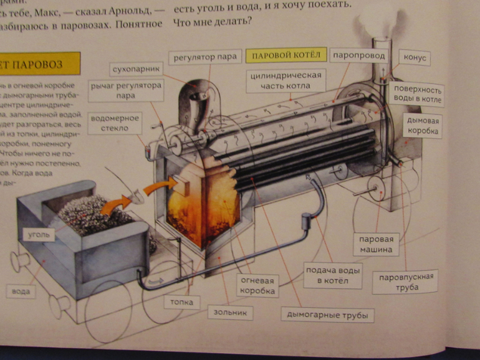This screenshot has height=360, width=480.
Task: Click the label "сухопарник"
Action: pos(133,68)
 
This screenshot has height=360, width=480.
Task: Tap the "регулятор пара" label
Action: pos(205,57)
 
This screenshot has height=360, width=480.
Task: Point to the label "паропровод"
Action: pos(358,55)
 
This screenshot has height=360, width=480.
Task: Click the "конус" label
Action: pos(414,58)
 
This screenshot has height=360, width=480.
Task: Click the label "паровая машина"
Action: pos(375,244)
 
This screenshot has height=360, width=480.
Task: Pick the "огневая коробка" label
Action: pos(259,286)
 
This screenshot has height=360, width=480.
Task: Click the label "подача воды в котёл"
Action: pos(334,275)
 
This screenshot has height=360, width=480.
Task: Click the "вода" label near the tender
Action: pos(21,290)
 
